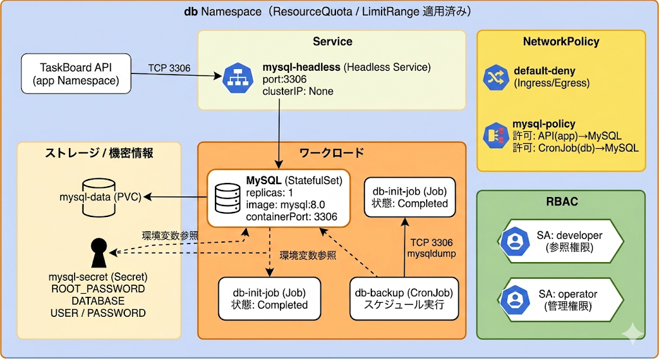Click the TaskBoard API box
(75, 73)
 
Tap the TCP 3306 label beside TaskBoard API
(169, 68)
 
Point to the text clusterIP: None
(298, 91)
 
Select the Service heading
(332, 42)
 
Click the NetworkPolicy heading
(561, 42)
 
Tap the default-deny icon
(496, 77)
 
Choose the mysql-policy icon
(496, 135)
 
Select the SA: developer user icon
(515, 241)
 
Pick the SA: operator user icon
(515, 299)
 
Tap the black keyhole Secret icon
(98, 253)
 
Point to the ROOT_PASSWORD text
(98, 289)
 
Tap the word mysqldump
(431, 254)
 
